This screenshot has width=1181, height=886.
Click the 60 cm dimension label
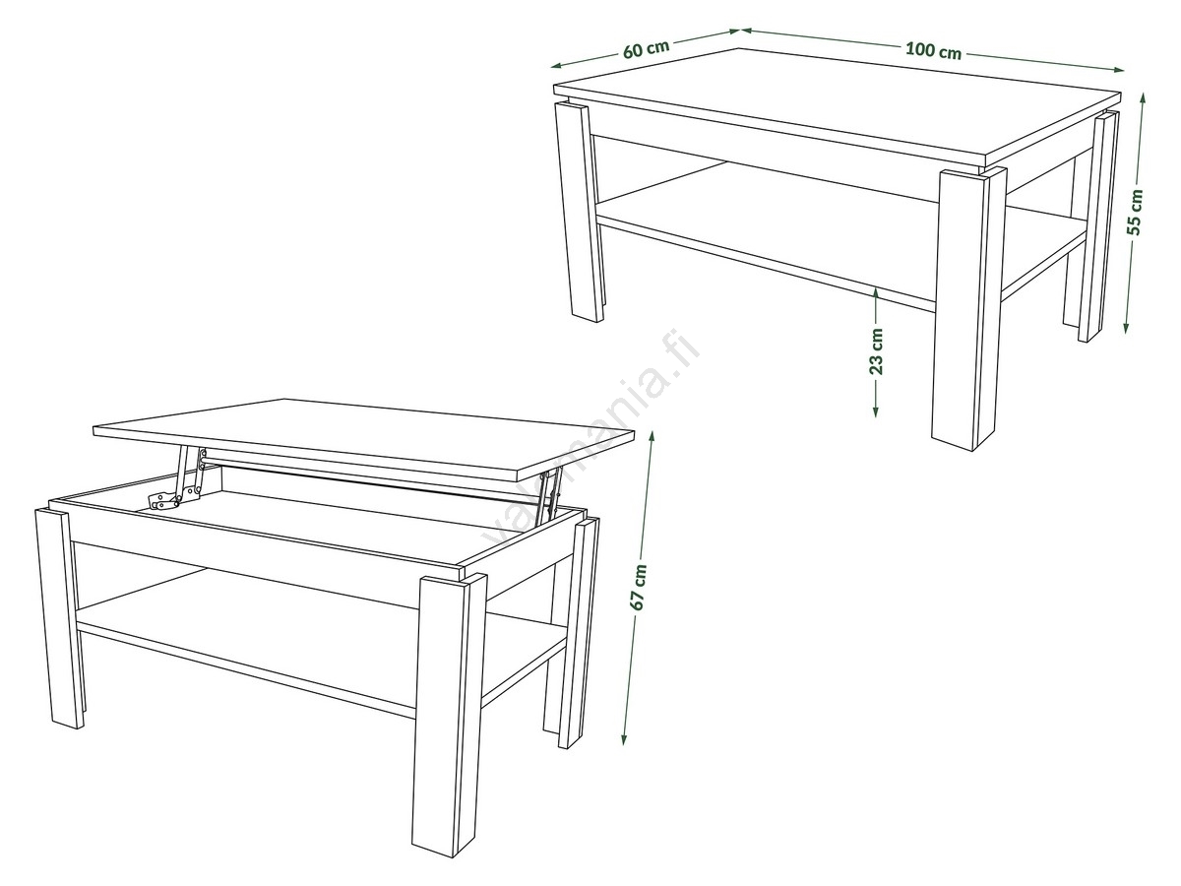[x=647, y=49]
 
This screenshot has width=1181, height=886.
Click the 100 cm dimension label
[x=934, y=51]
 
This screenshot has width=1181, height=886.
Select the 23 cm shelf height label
[x=876, y=351]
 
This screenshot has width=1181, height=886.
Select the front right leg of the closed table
[x=968, y=308]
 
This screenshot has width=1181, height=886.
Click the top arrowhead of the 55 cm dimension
[x=1143, y=99]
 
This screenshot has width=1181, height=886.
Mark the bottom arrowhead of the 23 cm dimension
[x=876, y=411]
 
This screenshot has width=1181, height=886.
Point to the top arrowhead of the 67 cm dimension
[x=653, y=437]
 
